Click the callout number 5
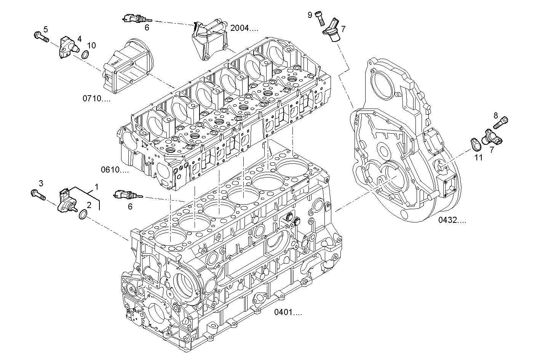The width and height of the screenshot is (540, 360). pos(46,29)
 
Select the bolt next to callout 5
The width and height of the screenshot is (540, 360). pos(41,37)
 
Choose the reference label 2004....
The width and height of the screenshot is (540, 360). pos(244,28)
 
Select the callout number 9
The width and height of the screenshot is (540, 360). pos(310,14)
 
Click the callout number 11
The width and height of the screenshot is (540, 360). pos(478,157)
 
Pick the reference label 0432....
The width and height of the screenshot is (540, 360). pos(452,220)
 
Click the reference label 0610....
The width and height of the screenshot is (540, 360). pos(115,170)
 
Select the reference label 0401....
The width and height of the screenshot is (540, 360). pos(288,313)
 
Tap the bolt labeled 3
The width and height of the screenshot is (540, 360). pos(38,195)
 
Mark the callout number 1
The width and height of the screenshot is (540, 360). pos(97,187)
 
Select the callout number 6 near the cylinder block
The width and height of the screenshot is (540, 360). pos(130,206)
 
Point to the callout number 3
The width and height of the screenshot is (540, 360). pos(41,183)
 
